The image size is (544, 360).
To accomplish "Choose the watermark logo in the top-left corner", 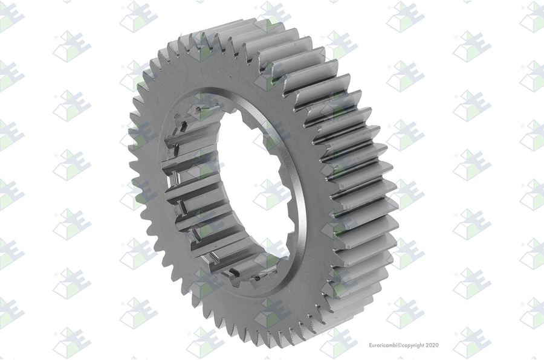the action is pos(10,17).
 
